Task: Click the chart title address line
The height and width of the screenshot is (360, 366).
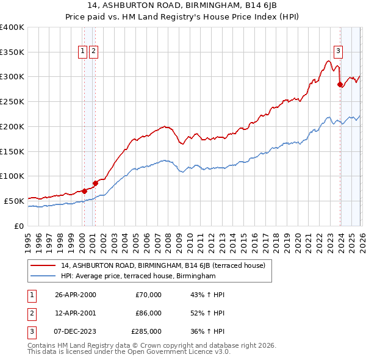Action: tap(182, 6)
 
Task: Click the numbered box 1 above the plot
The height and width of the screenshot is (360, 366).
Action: tap(82, 52)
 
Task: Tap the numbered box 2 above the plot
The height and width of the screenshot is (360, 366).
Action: tap(93, 52)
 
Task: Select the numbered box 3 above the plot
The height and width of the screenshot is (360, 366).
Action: tap(337, 52)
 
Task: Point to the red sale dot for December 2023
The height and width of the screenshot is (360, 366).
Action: tap(340, 85)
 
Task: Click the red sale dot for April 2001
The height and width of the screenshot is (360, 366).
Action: tap(95, 182)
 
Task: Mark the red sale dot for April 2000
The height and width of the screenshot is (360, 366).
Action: tap(85, 190)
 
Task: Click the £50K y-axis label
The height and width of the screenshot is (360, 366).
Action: tap(14, 201)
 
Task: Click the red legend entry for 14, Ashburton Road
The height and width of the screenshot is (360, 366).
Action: tap(163, 266)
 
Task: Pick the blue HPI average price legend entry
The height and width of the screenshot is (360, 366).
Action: tap(138, 276)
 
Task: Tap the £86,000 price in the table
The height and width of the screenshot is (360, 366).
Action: tap(148, 313)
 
